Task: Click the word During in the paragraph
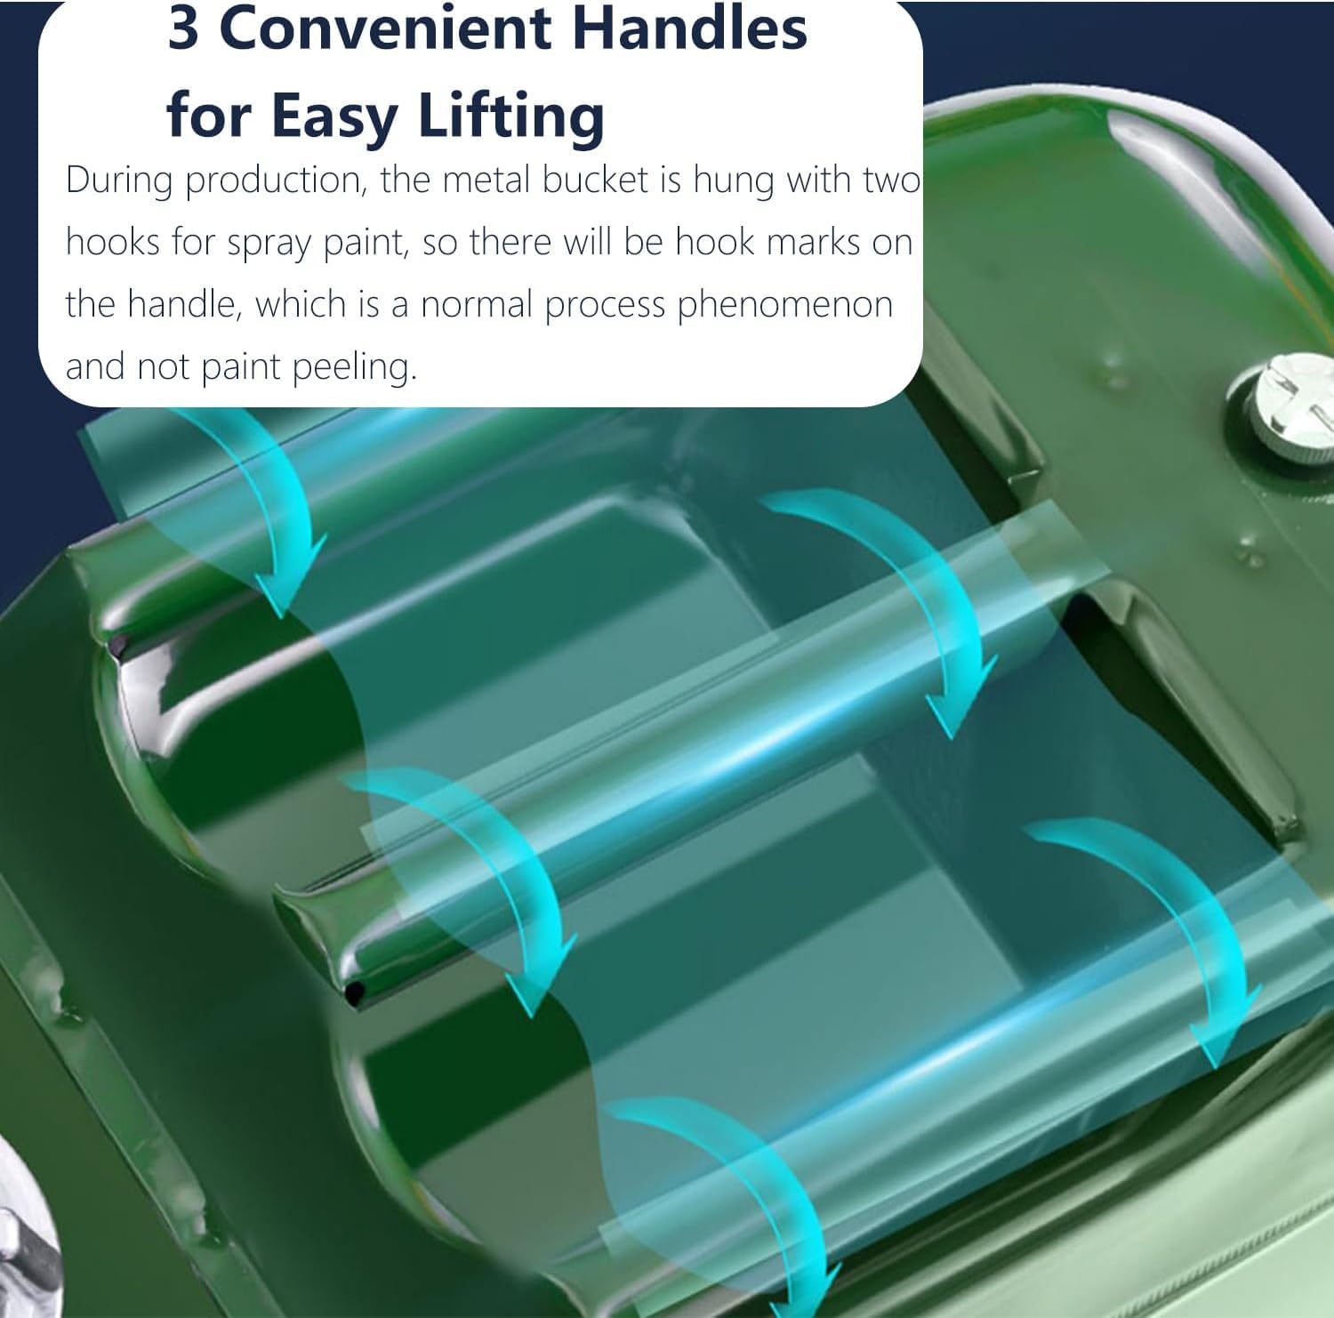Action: click(120, 181)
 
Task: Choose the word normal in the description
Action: click(477, 305)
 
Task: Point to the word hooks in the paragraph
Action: click(111, 243)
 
